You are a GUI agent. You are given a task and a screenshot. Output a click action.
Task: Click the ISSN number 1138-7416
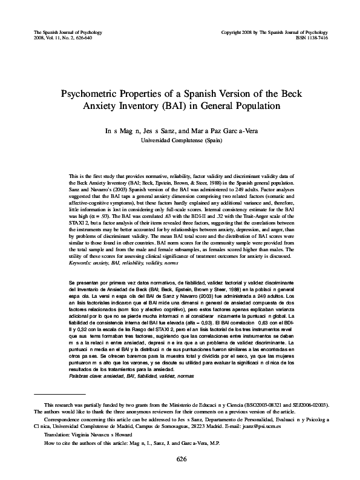click(x=318, y=36)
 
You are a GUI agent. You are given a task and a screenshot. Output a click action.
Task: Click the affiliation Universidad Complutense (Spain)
click(x=180, y=140)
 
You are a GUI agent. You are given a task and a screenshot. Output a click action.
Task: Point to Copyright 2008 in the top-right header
click(x=237, y=30)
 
